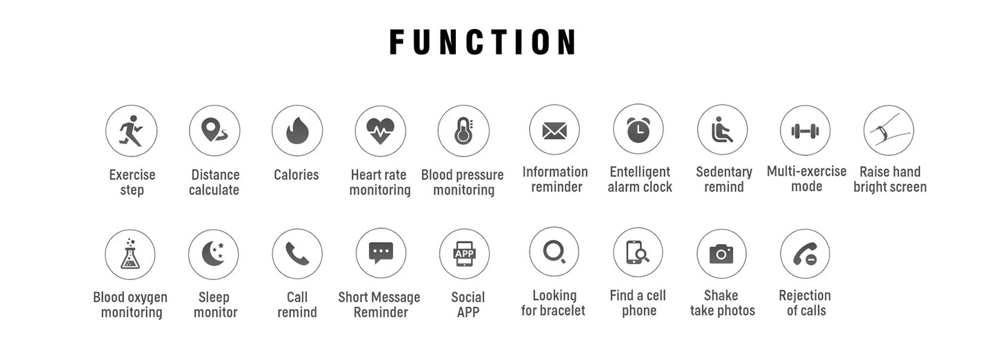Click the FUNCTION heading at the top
tap(483, 42)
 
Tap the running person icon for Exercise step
tap(131, 131)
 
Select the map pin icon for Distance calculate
tap(214, 131)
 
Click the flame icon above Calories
tap(297, 131)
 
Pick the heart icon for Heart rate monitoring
tap(380, 131)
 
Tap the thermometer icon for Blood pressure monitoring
tap(463, 131)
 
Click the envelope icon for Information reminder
tap(554, 131)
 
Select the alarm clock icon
tap(639, 130)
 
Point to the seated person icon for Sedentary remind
tap(722, 130)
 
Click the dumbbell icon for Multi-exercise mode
tap(805, 131)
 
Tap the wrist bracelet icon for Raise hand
tap(888, 130)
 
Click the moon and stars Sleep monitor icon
tap(213, 254)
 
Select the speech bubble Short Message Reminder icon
tap(381, 252)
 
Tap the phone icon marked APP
tap(465, 254)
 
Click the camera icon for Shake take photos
tap(721, 254)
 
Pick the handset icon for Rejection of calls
tap(805, 254)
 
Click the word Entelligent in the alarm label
tap(640, 172)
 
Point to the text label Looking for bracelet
tap(554, 303)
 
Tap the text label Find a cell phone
tap(638, 303)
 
